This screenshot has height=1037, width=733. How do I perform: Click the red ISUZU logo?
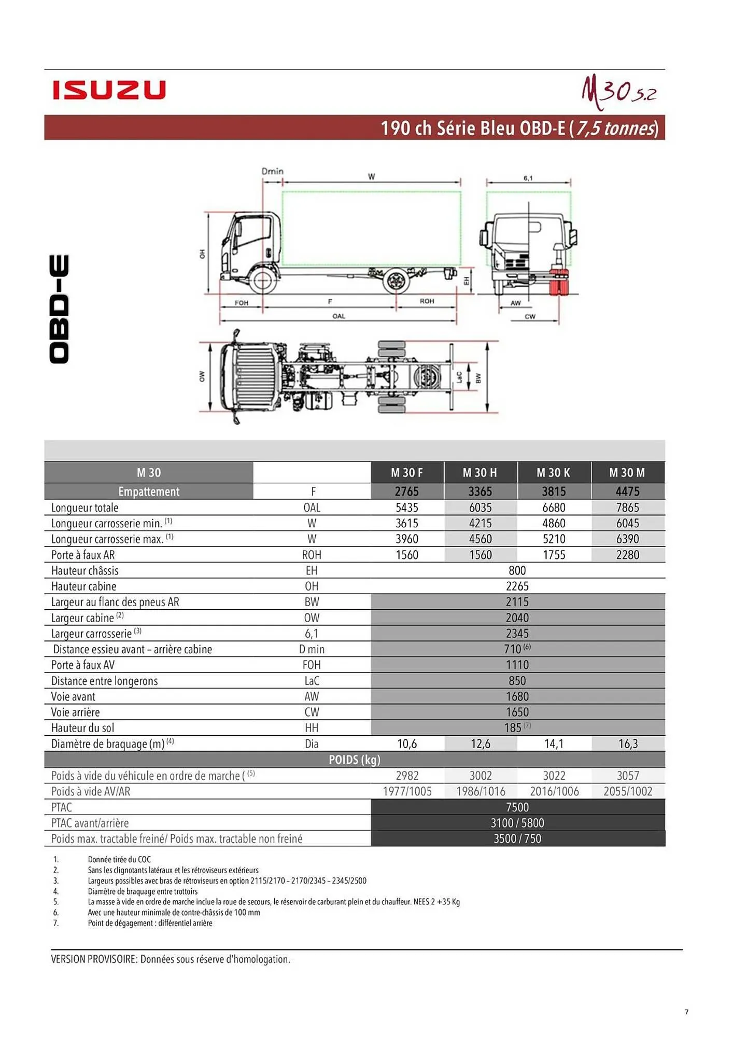pyautogui.click(x=109, y=90)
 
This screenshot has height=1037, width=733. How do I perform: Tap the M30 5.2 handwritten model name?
pyautogui.click(x=618, y=92)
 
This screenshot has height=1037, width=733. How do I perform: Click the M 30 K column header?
pyautogui.click(x=553, y=472)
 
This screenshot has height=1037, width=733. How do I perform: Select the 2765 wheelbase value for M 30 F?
pyautogui.click(x=407, y=491)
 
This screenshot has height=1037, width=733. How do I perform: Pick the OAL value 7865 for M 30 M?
pyautogui.click(x=627, y=507)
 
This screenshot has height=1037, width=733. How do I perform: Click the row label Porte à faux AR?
pyautogui.click(x=83, y=555)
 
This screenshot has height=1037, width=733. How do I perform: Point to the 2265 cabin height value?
pyautogui.click(x=517, y=586)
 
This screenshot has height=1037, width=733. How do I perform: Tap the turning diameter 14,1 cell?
pyautogui.click(x=553, y=744)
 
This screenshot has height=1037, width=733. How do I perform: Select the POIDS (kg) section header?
pyautogui.click(x=355, y=760)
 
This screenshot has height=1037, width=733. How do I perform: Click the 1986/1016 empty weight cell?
pyautogui.click(x=480, y=791)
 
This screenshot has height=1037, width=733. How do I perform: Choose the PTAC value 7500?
pyautogui.click(x=517, y=807)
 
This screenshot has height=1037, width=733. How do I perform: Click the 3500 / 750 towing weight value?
pyautogui.click(x=517, y=838)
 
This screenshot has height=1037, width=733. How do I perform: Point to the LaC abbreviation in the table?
pyautogui.click(x=312, y=681)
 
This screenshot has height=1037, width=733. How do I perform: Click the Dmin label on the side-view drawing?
pyautogui.click(x=272, y=171)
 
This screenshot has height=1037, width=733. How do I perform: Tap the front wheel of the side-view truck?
pyautogui.click(x=263, y=281)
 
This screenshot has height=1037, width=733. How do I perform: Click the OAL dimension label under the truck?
pyautogui.click(x=339, y=316)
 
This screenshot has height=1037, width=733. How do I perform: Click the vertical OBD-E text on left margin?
pyautogui.click(x=59, y=309)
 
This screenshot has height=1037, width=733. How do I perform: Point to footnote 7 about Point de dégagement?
pyautogui.click(x=150, y=923)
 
